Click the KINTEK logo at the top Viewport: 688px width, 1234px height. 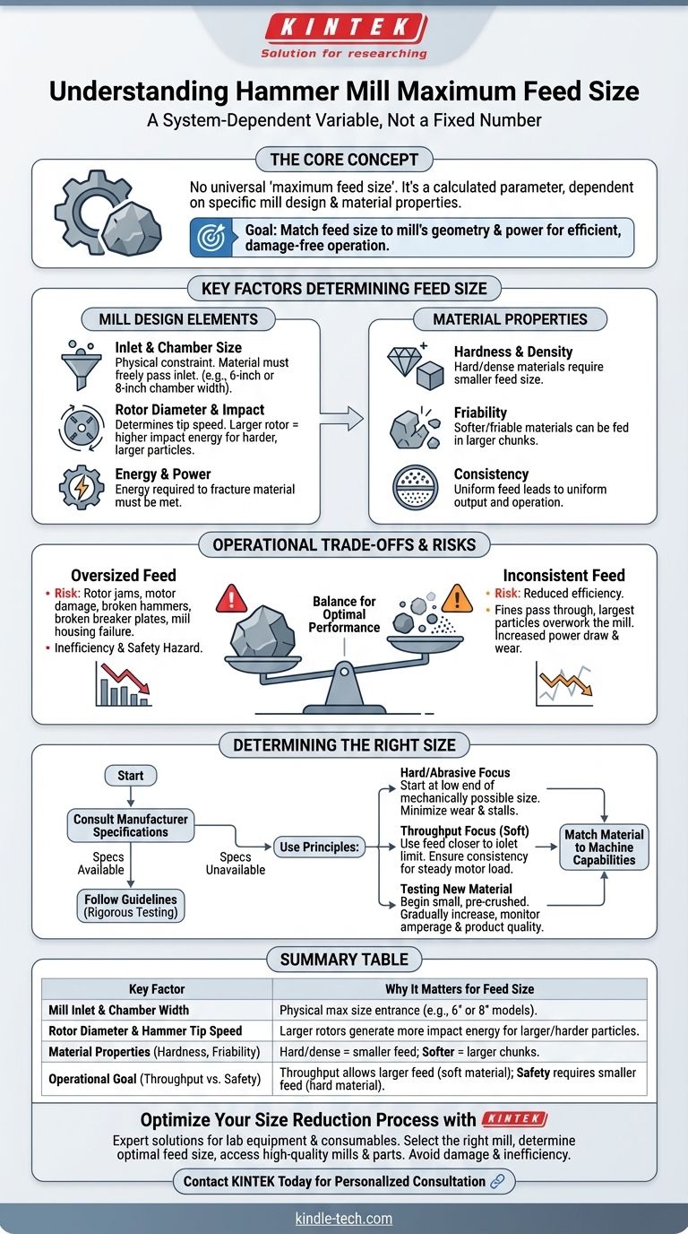[344, 27]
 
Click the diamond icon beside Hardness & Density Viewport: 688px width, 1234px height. [404, 361]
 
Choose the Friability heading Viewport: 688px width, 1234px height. [482, 413]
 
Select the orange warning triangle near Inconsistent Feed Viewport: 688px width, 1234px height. [457, 597]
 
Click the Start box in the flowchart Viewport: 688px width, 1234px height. [131, 776]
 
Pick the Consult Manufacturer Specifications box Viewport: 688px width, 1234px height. [132, 825]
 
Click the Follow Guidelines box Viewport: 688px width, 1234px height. [132, 906]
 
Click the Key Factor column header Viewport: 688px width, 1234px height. [157, 988]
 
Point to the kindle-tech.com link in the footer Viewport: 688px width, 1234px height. [344, 1219]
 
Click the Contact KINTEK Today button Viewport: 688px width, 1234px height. [344, 1181]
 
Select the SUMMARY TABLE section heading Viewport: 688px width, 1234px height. [344, 960]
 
